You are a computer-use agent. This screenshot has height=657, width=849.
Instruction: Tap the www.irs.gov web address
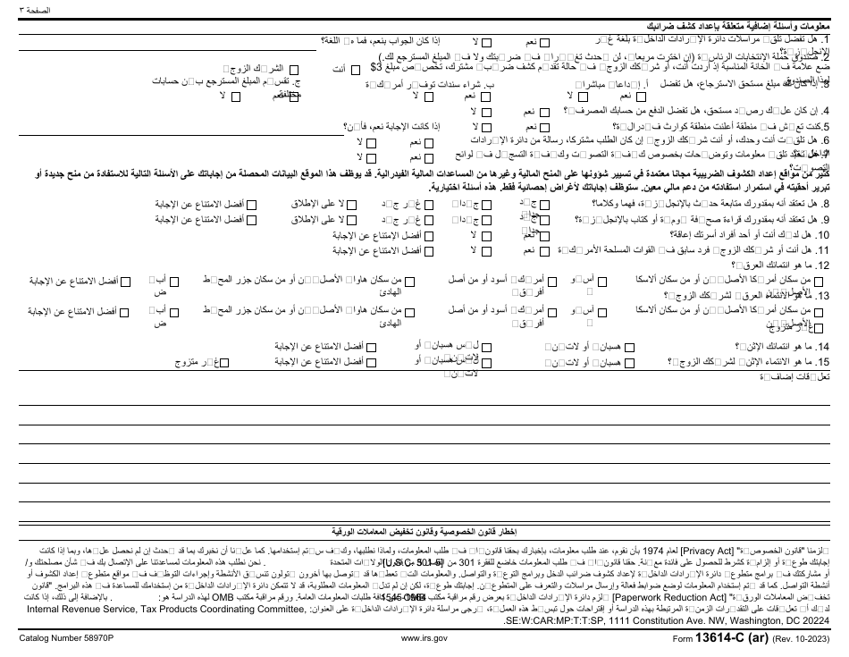pyautogui.click(x=423, y=640)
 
